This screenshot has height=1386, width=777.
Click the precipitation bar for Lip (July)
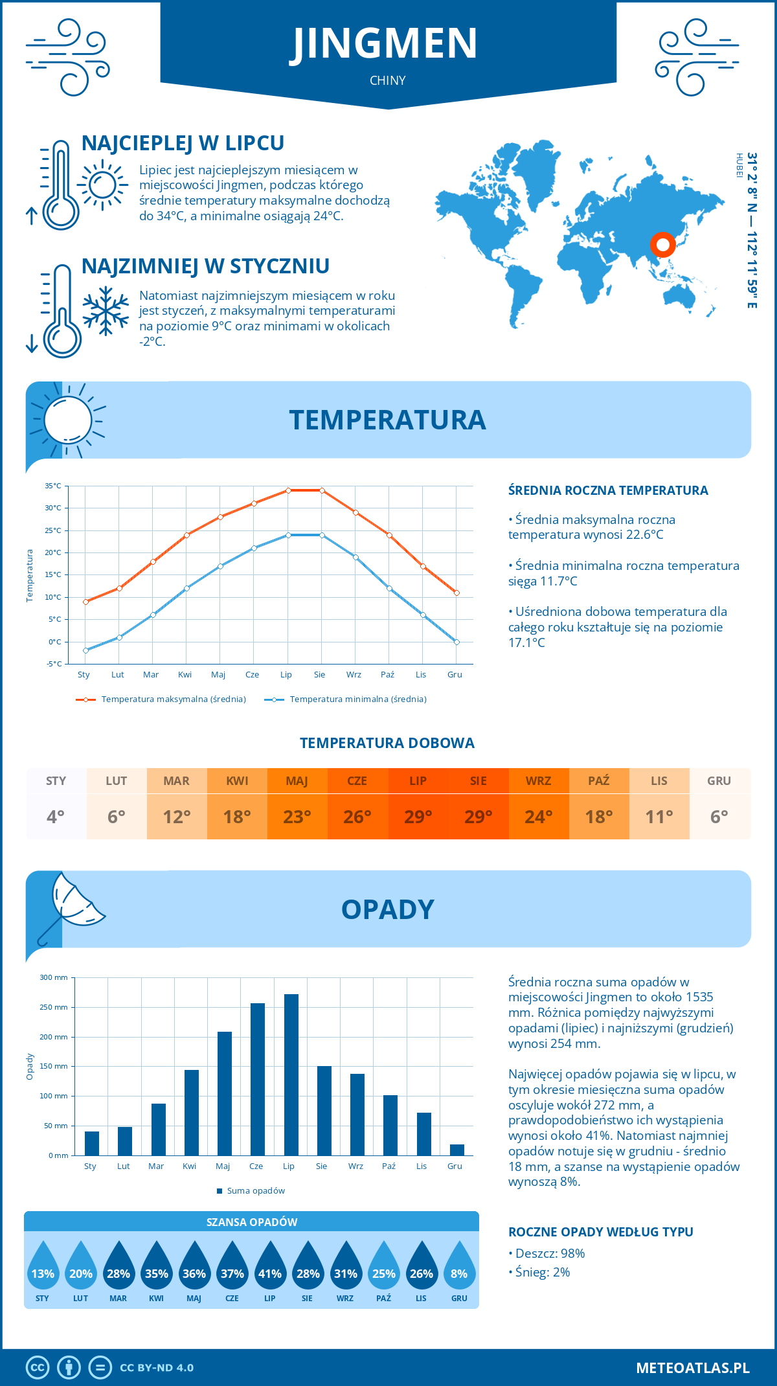click(x=291, y=1075)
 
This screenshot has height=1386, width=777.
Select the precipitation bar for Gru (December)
click(x=457, y=1150)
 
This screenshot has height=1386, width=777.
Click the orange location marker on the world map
click(x=662, y=245)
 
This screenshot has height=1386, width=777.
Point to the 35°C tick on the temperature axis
click(x=53, y=486)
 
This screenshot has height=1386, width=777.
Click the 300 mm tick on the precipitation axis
click(x=54, y=977)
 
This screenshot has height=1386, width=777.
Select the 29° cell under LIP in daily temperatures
click(x=418, y=817)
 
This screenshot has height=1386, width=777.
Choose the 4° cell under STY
click(x=56, y=817)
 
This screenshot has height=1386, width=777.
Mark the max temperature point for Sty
click(x=85, y=602)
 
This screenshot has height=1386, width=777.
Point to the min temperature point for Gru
click(x=456, y=642)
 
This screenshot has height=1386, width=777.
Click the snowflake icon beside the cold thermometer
click(x=106, y=311)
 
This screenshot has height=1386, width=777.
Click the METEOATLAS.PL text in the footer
click(x=692, y=1368)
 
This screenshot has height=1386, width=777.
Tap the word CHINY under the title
click(x=388, y=81)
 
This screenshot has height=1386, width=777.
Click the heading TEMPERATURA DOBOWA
click(x=387, y=744)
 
